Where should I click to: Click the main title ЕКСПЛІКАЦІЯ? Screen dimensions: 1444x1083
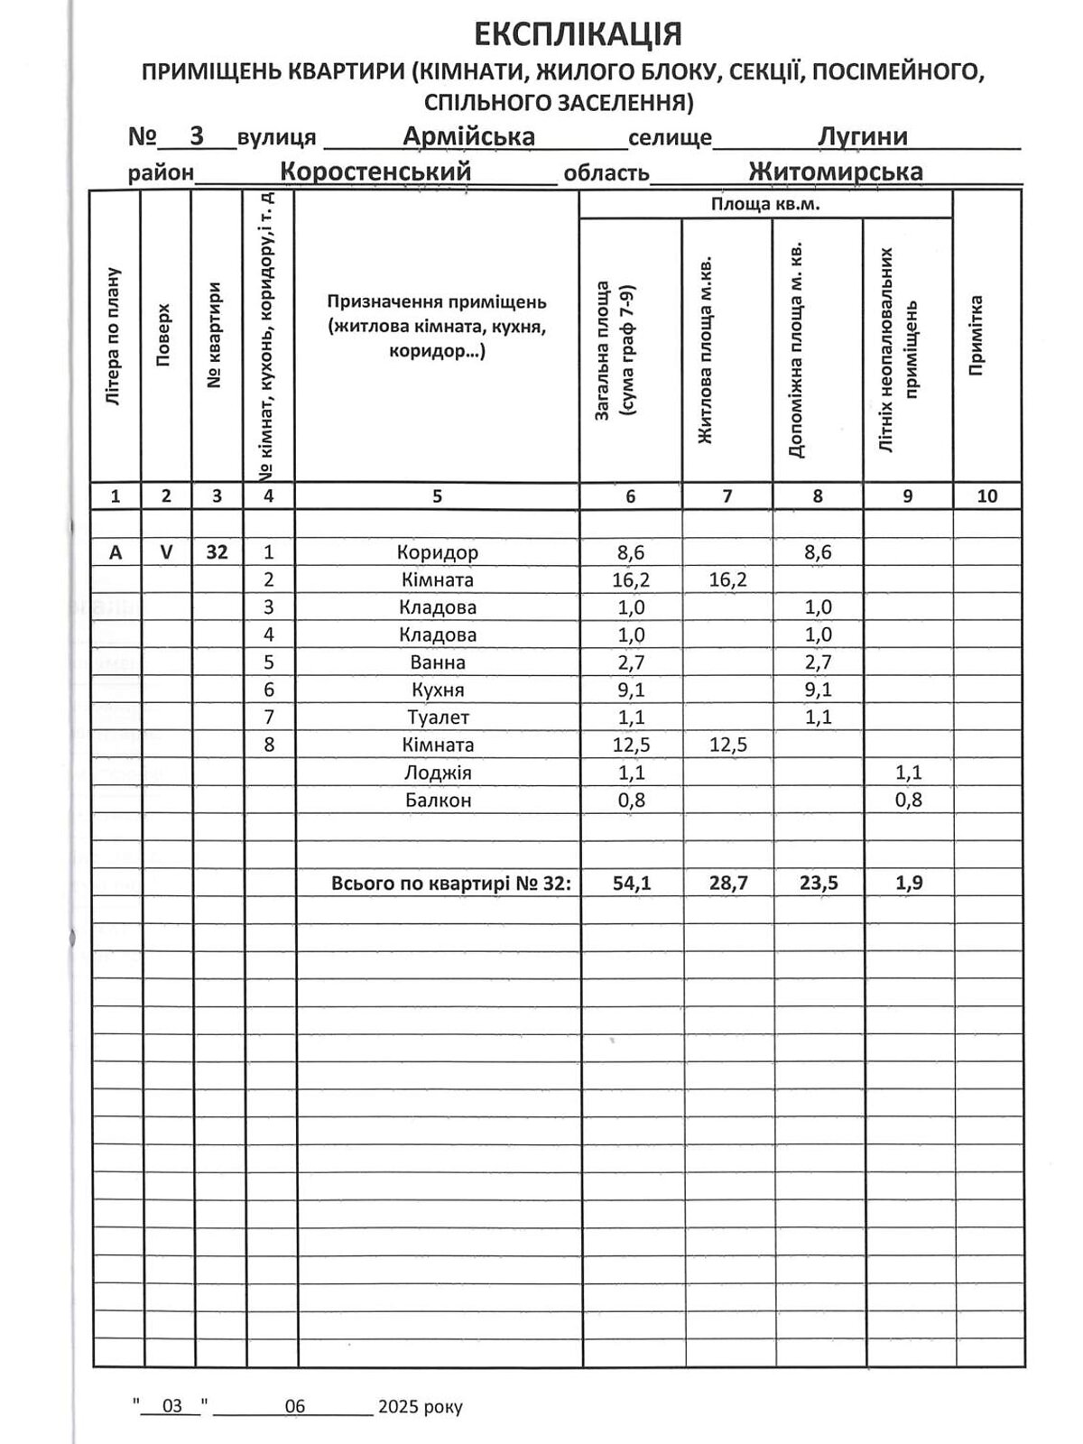point(578,34)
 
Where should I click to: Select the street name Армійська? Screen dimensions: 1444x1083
point(468,136)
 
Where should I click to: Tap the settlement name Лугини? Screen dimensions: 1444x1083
point(862,136)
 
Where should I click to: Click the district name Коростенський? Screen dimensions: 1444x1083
point(375,171)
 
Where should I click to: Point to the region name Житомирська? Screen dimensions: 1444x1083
point(835,171)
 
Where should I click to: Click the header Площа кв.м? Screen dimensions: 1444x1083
point(764,205)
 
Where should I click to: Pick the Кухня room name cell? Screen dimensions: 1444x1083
point(437,690)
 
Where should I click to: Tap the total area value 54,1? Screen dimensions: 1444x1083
point(631,884)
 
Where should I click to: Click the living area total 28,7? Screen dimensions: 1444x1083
point(727,884)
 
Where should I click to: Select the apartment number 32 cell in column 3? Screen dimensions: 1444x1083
point(217,552)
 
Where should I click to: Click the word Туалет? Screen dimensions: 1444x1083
point(437,717)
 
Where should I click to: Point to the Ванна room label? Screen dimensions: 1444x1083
point(437,662)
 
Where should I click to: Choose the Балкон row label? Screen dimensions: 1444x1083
point(437,801)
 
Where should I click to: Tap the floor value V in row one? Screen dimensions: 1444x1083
point(166,552)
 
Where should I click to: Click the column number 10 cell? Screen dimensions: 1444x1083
point(986,495)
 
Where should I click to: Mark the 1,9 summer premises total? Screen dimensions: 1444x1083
point(908,884)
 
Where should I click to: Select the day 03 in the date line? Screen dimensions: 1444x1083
point(171,1406)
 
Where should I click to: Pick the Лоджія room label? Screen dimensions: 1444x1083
point(437,773)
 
